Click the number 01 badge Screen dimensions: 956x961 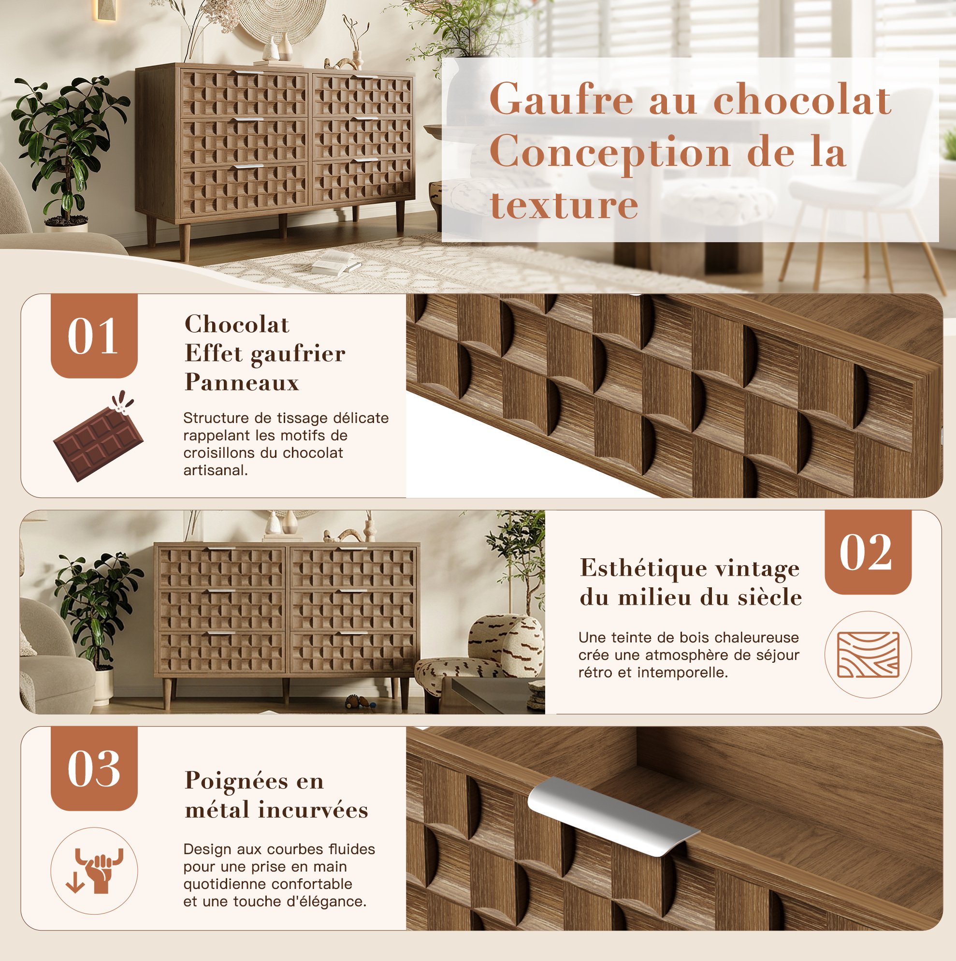tap(94, 335)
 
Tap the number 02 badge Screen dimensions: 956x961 tap(868, 552)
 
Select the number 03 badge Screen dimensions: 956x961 tap(94, 769)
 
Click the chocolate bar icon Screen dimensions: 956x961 tap(98, 436)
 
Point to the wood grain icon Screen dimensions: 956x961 tap(868, 654)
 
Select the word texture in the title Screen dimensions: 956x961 tap(564, 205)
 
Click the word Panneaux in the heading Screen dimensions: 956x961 tap(242, 382)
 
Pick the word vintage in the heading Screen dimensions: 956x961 tap(756, 568)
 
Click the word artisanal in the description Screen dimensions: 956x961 tap(216, 470)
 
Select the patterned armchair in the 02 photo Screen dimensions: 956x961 tap(480, 656)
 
